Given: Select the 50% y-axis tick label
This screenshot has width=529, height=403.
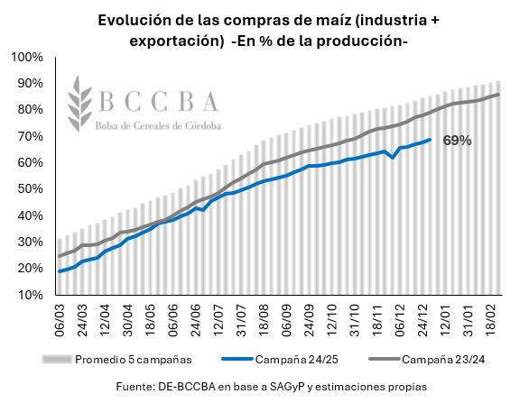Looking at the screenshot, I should tap(29, 189).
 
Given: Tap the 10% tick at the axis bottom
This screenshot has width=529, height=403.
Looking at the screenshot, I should tap(29, 296).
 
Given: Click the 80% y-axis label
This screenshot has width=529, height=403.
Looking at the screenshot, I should tap(29, 110).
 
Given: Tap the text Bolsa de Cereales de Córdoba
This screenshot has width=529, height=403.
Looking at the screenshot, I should tap(158, 126).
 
